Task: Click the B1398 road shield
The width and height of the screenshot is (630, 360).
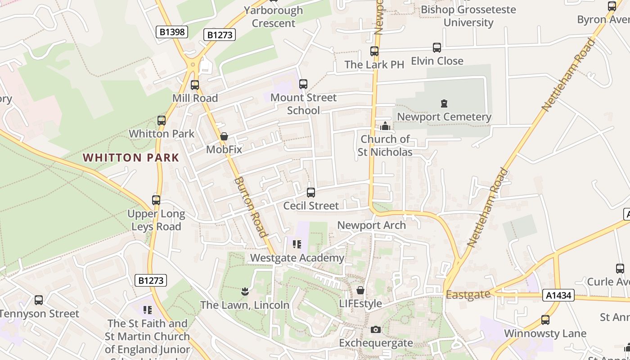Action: click(171, 31)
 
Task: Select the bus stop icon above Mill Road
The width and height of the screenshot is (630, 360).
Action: click(195, 85)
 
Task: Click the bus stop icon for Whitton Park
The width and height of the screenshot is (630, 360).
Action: click(162, 120)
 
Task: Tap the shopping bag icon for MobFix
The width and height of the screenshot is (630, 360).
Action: click(224, 136)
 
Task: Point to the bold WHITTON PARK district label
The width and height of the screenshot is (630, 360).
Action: click(131, 157)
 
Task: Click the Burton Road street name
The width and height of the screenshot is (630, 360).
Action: click(251, 207)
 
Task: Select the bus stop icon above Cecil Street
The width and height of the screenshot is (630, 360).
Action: click(310, 193)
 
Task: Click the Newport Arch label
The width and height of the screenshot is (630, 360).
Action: click(371, 225)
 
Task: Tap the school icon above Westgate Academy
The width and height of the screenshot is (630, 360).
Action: click(297, 244)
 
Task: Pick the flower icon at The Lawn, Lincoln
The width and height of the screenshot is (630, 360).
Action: click(245, 292)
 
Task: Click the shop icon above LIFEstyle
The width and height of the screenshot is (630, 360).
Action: click(360, 290)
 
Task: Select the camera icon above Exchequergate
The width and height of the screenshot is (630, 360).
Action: click(375, 330)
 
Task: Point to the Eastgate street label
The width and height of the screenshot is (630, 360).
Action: click(468, 294)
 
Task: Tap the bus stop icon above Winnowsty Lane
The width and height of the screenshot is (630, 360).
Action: click(545, 320)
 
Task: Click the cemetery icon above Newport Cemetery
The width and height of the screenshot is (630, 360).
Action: click(444, 103)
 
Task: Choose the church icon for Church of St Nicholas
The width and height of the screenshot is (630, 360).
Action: click(385, 126)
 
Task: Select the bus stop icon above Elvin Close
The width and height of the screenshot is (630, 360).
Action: click(437, 48)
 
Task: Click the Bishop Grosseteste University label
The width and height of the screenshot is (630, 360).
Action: click(468, 16)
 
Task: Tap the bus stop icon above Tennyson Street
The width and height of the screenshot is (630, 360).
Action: click(39, 300)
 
